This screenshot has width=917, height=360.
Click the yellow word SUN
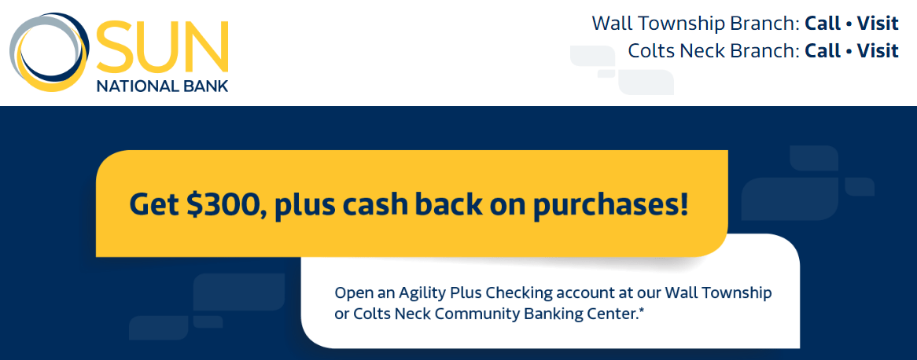(162, 46)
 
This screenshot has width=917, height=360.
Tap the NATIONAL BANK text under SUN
(162, 86)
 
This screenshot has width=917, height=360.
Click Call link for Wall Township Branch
(823, 24)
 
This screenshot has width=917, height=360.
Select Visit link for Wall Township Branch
(878, 24)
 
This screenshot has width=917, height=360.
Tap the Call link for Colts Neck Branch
(823, 51)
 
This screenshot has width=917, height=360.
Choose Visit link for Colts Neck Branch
(878, 51)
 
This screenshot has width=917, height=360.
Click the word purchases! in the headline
(609, 205)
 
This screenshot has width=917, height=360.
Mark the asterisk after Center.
(642, 310)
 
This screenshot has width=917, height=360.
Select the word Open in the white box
(351, 292)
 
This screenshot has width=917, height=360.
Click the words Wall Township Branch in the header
(695, 24)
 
